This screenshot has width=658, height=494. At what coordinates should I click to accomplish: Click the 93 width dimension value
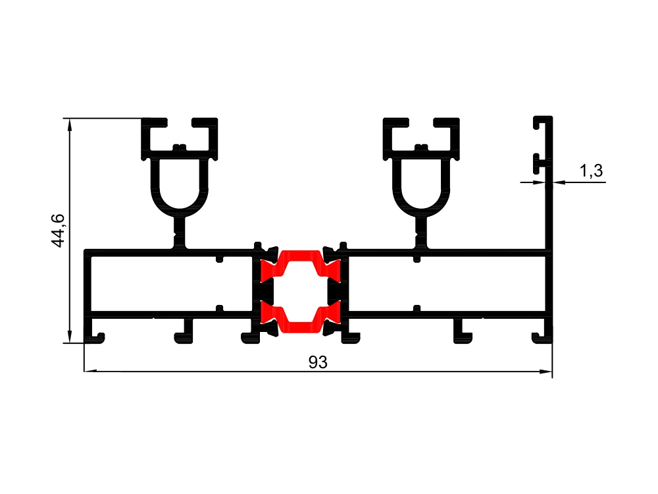(x=318, y=362)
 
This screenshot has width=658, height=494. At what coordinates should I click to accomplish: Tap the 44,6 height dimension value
(x=58, y=231)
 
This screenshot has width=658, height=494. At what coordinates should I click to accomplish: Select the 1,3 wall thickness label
(x=592, y=171)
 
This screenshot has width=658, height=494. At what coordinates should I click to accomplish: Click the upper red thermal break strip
(x=301, y=265)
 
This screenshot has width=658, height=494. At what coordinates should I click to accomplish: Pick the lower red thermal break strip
(x=301, y=317)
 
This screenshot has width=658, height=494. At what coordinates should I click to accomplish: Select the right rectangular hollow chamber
(x=447, y=284)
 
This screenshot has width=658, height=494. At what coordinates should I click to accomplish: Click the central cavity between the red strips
(x=301, y=292)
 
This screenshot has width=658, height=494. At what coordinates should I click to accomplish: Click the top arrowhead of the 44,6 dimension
(x=70, y=124)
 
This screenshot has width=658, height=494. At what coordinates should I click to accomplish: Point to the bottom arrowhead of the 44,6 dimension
(x=70, y=337)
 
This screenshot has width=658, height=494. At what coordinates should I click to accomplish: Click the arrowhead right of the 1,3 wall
(x=559, y=182)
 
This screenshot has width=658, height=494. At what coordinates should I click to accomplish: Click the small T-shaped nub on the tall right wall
(x=540, y=164)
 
